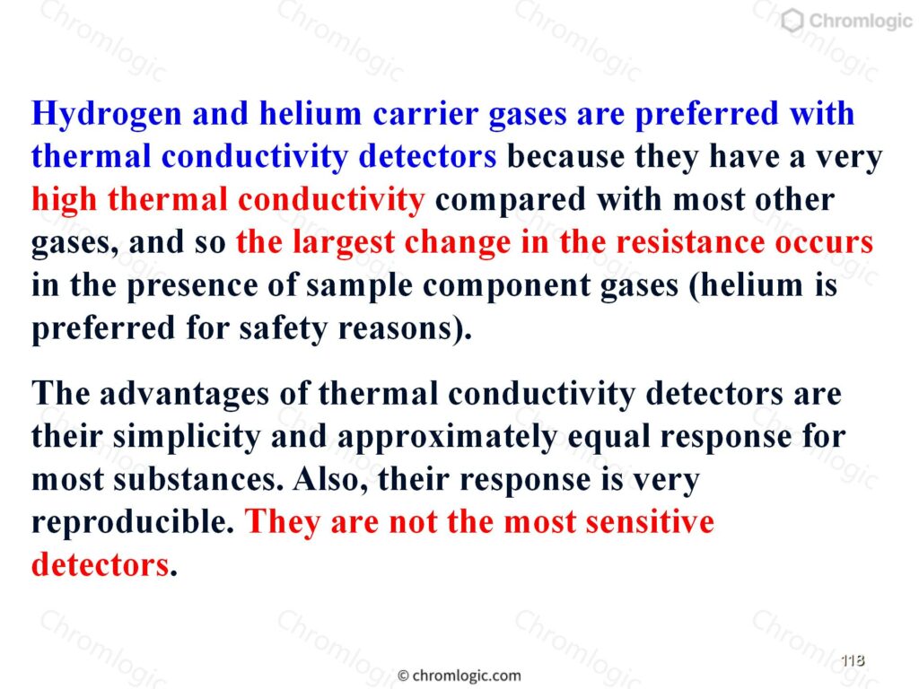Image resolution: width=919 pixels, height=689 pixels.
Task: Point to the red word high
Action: [65, 200]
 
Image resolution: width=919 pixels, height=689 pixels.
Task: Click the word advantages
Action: [184, 395]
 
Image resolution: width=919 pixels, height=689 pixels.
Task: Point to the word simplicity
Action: [187, 437]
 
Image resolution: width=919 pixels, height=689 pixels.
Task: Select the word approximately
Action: [447, 438]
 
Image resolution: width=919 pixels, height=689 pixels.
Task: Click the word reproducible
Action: [133, 522]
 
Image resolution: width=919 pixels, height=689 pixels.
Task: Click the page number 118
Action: [853, 660]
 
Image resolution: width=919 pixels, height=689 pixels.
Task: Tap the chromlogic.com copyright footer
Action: [459, 676]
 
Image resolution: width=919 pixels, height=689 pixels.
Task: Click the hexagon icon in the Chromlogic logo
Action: [792, 22]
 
